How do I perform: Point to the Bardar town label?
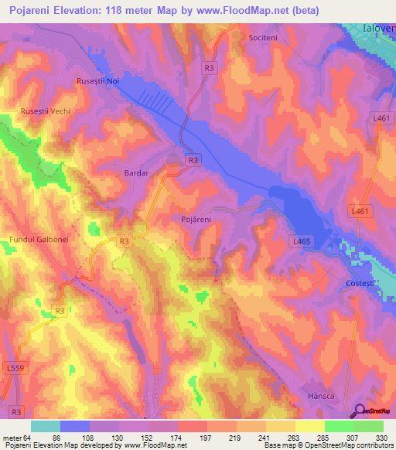coord(135,174)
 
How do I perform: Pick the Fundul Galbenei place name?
coord(39,240)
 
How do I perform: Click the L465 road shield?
coord(302,242)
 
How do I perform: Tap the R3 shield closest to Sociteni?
coord(210,68)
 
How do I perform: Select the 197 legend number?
coord(206,437)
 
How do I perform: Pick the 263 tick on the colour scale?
coord(295,437)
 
